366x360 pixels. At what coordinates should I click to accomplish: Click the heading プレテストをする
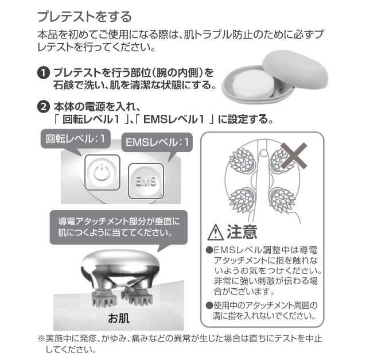[x=84, y=17]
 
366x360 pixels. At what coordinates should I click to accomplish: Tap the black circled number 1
[x=44, y=73]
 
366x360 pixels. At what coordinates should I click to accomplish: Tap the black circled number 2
[x=44, y=107]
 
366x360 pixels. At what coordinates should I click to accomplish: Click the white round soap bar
[x=254, y=84]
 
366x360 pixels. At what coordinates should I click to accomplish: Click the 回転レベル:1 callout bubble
[x=75, y=139]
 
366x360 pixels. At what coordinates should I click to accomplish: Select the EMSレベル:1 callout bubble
[x=157, y=142]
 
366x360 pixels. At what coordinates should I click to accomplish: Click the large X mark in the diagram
[x=294, y=156]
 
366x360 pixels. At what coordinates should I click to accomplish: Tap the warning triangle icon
[x=216, y=232]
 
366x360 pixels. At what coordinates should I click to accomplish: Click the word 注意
[x=242, y=232]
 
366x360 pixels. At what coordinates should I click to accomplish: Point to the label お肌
[x=119, y=318]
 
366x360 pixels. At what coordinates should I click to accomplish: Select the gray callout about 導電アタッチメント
[x=119, y=227]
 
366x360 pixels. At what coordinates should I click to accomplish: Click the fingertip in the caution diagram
[x=264, y=153]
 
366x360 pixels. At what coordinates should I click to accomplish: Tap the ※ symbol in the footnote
[x=41, y=338]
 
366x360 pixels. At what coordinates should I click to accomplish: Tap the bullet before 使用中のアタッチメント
[x=209, y=305]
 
